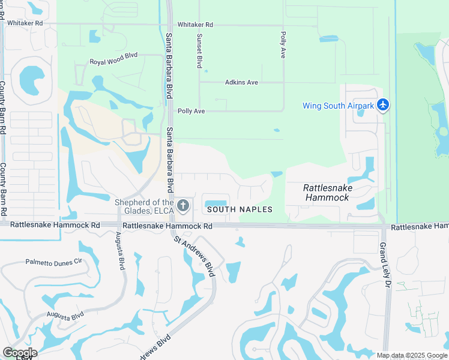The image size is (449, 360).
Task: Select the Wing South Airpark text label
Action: (x=339, y=106)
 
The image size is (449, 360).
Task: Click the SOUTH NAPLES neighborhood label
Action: (x=240, y=209)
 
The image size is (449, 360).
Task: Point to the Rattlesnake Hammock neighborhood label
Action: (x=328, y=192)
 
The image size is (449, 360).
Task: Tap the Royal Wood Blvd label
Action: (x=113, y=62)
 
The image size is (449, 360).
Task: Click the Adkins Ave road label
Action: (x=241, y=82)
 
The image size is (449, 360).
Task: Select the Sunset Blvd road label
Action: (x=199, y=50)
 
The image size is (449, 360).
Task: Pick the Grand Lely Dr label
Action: (x=384, y=264)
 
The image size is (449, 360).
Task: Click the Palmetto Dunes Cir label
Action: (x=53, y=262)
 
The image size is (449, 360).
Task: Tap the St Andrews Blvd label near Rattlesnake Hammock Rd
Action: (x=194, y=256)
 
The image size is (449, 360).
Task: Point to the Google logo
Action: (x=19, y=353)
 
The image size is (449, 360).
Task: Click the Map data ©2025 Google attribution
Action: (x=412, y=355)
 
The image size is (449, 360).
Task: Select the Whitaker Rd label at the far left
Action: (x=23, y=23)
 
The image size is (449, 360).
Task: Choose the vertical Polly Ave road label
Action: (x=282, y=45)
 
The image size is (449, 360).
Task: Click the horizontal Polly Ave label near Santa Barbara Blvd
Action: (x=191, y=112)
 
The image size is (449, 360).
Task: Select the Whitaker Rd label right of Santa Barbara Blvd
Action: (x=195, y=25)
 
